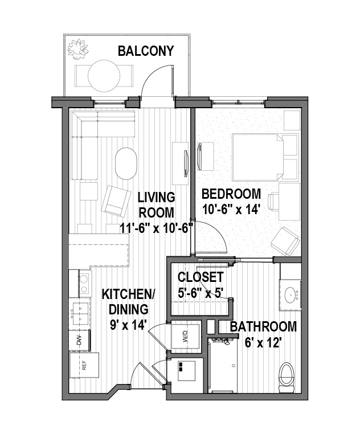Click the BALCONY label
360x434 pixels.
146,51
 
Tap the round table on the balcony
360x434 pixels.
104,76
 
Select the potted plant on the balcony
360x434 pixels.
78,49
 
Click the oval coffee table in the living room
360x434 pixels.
126,163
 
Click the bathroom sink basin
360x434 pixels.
291,295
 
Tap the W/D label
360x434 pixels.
185,337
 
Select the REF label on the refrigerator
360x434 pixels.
84,365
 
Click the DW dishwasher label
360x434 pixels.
80,341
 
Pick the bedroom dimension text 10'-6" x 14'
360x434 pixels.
231,209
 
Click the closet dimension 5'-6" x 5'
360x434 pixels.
201,293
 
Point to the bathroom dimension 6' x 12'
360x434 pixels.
263,343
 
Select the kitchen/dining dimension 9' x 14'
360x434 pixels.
128,325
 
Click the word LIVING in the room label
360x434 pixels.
157,197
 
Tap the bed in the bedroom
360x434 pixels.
265,157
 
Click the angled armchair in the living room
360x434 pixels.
116,201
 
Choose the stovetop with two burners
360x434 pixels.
84,284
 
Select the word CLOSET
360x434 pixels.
201,277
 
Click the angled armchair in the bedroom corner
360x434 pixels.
285,241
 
